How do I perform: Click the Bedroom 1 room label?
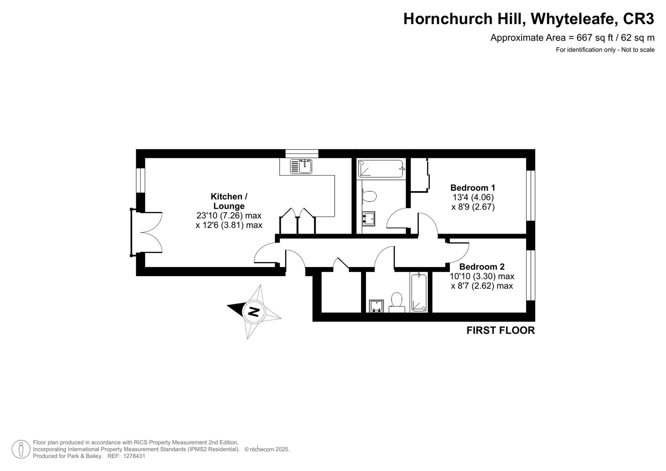pyautogui.click(x=473, y=188)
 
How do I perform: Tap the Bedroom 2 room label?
pyautogui.click(x=482, y=267)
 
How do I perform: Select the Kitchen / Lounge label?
pyautogui.click(x=229, y=201)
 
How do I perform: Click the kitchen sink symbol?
pyautogui.click(x=301, y=166)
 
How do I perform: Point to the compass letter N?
pyautogui.click(x=254, y=312)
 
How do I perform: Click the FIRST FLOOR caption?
pyautogui.click(x=500, y=330)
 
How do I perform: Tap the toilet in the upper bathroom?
pyautogui.click(x=369, y=196)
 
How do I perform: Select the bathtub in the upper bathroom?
pyautogui.click(x=381, y=169)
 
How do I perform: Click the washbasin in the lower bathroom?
pyautogui.click(x=376, y=306)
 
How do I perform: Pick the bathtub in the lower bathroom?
pyautogui.click(x=419, y=292)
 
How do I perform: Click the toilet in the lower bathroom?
pyautogui.click(x=397, y=301)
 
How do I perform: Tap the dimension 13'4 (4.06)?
pyautogui.click(x=473, y=197)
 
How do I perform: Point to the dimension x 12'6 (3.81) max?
pyautogui.click(x=229, y=225)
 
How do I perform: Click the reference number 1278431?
pyautogui.click(x=134, y=456)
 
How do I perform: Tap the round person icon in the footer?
pyautogui.click(x=21, y=449)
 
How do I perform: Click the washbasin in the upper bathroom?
pyautogui.click(x=368, y=219)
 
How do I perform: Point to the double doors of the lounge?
pyautogui.click(x=147, y=232)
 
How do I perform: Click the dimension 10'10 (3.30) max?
pyautogui.click(x=482, y=276)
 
